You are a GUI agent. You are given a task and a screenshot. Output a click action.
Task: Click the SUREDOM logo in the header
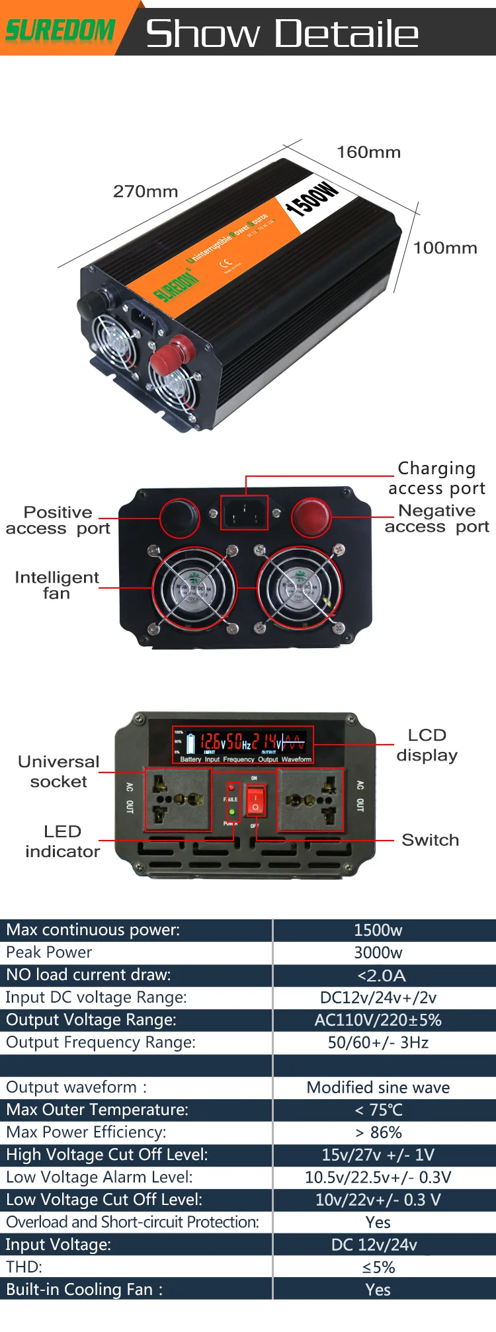point(60,30)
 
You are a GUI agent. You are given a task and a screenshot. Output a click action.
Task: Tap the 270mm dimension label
point(145,192)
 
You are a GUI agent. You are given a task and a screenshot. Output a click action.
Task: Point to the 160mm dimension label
point(368,153)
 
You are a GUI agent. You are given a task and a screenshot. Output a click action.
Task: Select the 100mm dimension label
point(445,249)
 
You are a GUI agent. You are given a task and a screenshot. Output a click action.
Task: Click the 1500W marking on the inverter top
point(311,198)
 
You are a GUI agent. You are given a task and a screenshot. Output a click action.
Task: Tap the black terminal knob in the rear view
point(179,517)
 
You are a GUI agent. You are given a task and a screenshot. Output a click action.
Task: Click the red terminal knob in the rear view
point(311,517)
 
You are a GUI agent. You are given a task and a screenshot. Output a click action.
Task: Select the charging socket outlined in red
point(244,513)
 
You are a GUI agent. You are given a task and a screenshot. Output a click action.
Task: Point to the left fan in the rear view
point(194,588)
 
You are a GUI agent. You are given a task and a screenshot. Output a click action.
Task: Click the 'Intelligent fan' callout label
point(57,585)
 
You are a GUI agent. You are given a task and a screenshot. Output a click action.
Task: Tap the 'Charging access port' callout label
point(436,478)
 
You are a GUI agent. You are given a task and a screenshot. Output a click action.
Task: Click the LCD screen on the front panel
point(243,745)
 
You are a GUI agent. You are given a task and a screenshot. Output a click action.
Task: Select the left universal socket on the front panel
point(177,799)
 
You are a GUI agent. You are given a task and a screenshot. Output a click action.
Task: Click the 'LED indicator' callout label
point(62,841)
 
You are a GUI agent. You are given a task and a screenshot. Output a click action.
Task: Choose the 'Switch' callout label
point(430,840)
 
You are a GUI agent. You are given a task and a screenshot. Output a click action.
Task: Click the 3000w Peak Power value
point(378,953)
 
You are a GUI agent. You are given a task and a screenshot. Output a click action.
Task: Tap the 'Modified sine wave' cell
point(378,1088)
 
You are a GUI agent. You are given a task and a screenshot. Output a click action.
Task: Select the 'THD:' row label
point(24,1267)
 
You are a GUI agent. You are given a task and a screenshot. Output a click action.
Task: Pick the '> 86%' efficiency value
point(378,1133)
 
